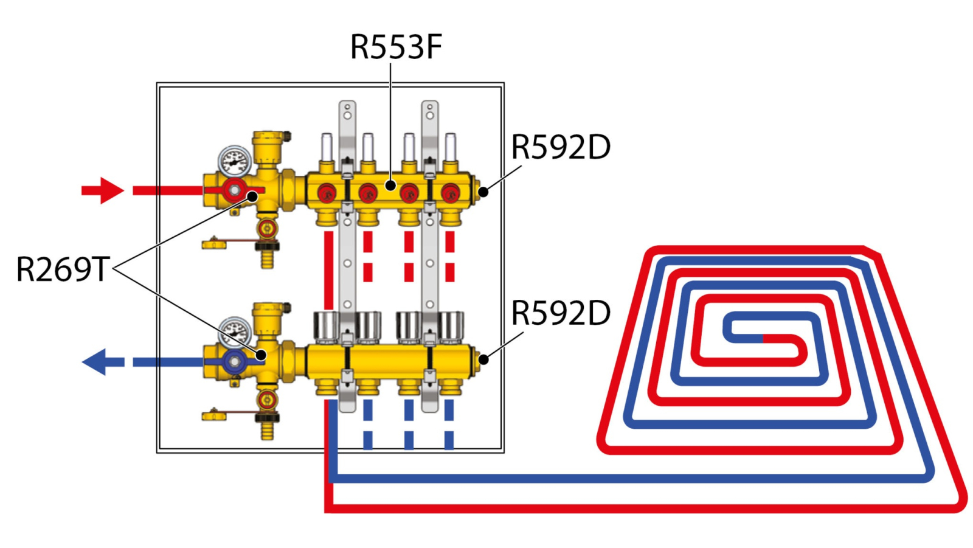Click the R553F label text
(x=396, y=47)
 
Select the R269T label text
(x=63, y=269)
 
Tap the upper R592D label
(x=561, y=147)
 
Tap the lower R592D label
(x=561, y=313)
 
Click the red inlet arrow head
(x=109, y=190)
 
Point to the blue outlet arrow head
(x=96, y=362)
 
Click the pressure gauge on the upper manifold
(x=234, y=162)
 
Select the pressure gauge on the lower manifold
(x=234, y=332)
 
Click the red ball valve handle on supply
(x=235, y=191)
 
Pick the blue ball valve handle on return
(x=235, y=362)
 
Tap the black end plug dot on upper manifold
(x=483, y=192)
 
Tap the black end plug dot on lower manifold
(x=483, y=359)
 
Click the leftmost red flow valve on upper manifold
(x=327, y=193)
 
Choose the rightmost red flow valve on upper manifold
(x=450, y=193)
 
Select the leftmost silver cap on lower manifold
(x=326, y=325)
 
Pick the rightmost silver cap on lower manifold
(x=451, y=325)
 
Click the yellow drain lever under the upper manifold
(x=215, y=244)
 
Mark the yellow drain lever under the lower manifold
(x=215, y=416)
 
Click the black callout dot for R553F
(x=391, y=185)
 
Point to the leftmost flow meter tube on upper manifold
(x=327, y=147)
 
